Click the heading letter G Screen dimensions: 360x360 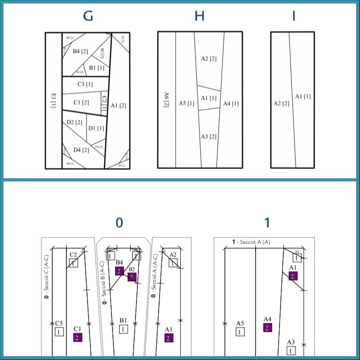click(88, 16)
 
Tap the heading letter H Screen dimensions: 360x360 click(200, 16)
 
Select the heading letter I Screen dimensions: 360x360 click(294, 16)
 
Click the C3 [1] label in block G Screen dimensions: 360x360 click(85, 84)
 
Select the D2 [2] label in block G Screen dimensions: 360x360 click(74, 122)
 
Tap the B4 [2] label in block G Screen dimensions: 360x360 click(80, 51)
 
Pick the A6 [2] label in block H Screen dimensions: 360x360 click(166, 100)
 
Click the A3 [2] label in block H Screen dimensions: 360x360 click(208, 136)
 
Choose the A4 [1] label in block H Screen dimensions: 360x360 click(231, 104)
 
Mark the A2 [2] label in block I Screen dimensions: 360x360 click(281, 103)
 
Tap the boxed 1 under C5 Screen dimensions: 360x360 click(59, 332)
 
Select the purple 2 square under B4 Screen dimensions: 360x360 click(120, 271)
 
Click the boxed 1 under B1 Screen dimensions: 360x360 click(123, 329)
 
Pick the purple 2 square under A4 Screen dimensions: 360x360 click(267, 328)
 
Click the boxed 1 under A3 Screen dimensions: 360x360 click(291, 350)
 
